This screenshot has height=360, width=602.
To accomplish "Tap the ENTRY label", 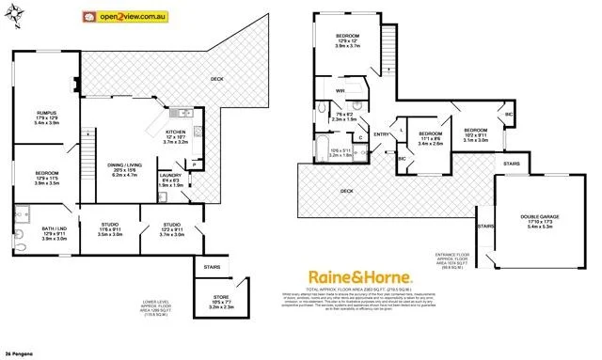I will point(381,135).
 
